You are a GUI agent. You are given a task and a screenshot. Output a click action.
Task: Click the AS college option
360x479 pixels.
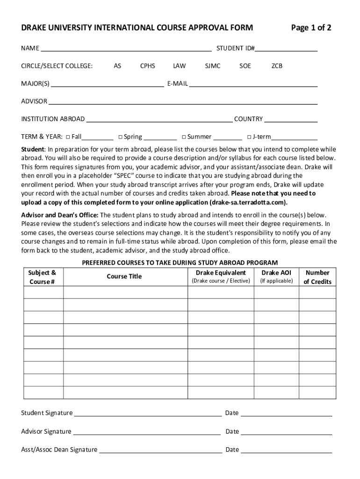click(x=117, y=66)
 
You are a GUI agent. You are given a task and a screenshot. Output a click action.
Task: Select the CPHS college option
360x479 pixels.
click(x=148, y=66)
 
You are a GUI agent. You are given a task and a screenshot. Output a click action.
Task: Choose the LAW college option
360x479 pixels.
click(x=179, y=66)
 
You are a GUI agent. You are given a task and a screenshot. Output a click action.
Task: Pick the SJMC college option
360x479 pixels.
click(x=213, y=66)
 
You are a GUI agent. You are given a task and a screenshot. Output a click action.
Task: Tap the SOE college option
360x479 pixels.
click(x=245, y=66)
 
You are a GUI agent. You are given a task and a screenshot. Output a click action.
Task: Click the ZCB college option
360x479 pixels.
click(x=277, y=66)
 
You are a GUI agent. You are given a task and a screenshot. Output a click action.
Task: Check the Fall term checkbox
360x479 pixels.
click(x=68, y=137)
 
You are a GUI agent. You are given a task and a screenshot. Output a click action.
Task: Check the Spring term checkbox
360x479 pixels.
click(x=120, y=137)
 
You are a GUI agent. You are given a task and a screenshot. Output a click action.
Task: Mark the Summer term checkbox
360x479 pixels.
click(x=184, y=137)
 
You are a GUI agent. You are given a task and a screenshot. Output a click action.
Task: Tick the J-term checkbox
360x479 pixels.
click(x=249, y=137)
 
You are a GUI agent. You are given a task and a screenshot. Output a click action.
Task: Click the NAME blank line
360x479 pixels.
click(x=125, y=48)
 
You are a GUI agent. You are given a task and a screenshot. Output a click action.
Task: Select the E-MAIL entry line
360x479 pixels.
click(x=253, y=84)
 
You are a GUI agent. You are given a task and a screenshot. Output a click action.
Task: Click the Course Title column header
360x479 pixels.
click(x=124, y=276)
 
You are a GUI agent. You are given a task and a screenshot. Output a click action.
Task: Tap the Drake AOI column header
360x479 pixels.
click(x=276, y=273)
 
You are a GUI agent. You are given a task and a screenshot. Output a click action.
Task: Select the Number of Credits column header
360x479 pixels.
click(x=317, y=277)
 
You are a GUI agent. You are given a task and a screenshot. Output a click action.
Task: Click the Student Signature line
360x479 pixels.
click(x=148, y=413)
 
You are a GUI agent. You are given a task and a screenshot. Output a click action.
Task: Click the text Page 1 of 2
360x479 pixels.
click(x=311, y=28)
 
